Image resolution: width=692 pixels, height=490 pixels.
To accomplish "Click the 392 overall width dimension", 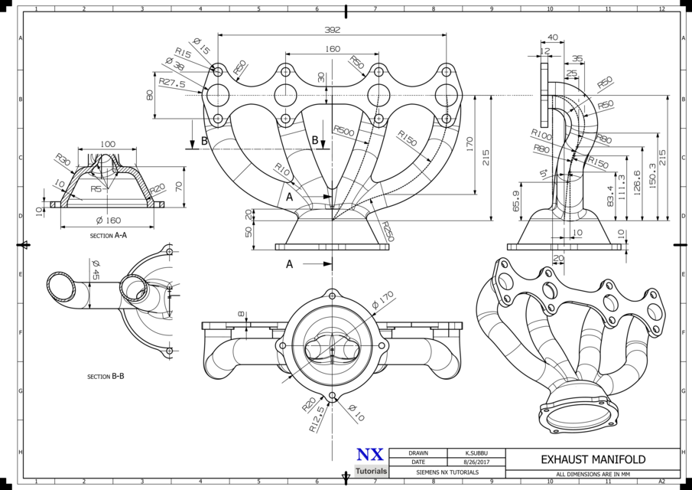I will coord(332,30).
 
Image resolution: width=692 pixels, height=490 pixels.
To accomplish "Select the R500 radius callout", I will coord(344,132).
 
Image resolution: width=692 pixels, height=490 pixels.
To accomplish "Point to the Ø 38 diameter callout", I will coord(174,67).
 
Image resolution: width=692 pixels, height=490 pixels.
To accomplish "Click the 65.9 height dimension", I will coord(516,201).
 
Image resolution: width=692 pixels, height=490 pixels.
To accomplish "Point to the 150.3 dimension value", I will coord(651,178).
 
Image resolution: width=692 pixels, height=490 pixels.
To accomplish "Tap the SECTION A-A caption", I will coord(108,236).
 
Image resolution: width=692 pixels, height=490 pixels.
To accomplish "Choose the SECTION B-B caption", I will coord(106,377).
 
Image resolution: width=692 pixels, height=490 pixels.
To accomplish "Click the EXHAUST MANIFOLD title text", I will coord(593,459).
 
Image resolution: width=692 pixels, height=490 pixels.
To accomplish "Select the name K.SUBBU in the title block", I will coord(476,453).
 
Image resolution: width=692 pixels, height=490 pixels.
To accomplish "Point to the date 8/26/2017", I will coord(476,462).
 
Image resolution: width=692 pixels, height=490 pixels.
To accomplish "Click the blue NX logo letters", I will coord(371,455).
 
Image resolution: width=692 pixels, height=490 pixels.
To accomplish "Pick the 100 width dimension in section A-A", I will coord(108,144).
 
